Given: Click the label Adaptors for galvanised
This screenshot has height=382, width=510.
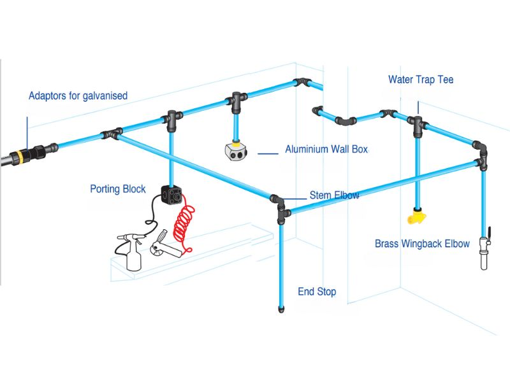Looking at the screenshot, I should (x=78, y=96).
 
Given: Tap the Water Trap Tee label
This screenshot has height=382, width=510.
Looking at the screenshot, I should (x=421, y=80).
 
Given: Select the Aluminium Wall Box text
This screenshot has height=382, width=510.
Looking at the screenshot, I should (x=326, y=150).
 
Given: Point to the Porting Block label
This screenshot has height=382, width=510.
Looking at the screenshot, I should (x=118, y=189).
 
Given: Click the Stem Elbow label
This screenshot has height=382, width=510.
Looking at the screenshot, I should (x=334, y=195).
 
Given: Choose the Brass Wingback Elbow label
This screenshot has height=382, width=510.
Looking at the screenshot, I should (x=422, y=244).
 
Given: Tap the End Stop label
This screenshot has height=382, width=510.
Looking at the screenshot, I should (x=317, y=292).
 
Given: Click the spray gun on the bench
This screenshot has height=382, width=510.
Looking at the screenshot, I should (x=132, y=250).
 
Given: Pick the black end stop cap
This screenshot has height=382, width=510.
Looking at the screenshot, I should (x=281, y=310).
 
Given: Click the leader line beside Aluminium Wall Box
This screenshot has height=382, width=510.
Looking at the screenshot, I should (x=268, y=153).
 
